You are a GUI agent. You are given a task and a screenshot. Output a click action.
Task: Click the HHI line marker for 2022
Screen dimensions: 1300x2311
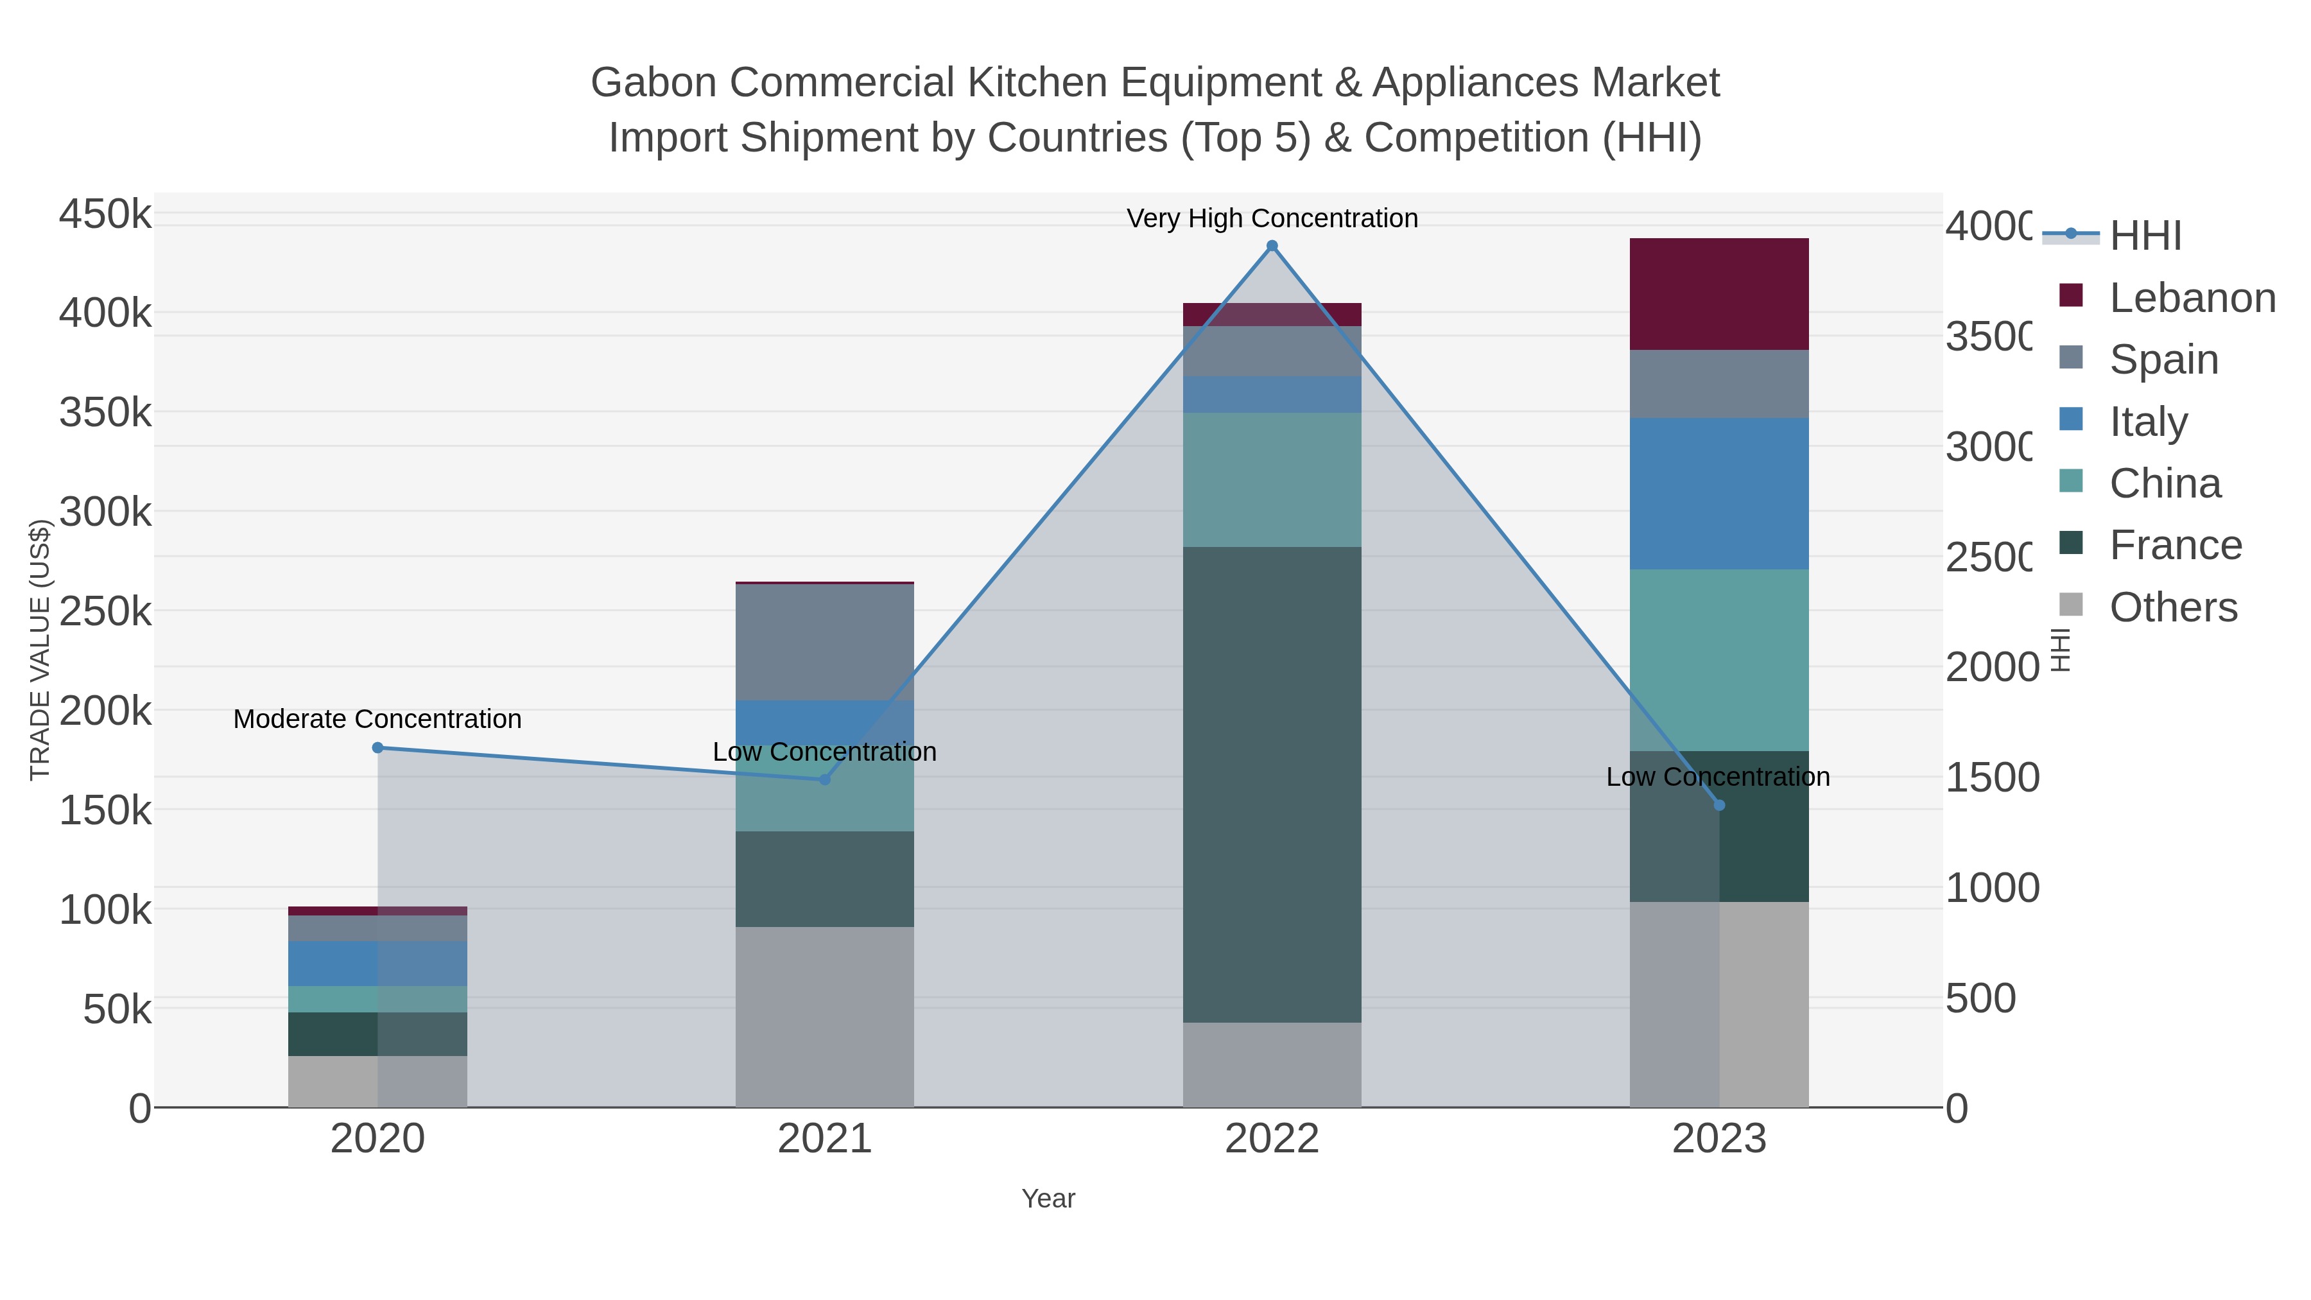(1271, 246)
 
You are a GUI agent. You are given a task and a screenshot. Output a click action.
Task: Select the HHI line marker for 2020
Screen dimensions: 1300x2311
(377, 747)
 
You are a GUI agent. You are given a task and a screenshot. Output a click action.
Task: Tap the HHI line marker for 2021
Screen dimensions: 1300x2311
(824, 779)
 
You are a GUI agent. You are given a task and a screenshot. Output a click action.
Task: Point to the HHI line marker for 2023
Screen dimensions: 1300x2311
(1719, 805)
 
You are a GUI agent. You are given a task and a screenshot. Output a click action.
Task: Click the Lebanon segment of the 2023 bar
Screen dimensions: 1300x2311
(1719, 294)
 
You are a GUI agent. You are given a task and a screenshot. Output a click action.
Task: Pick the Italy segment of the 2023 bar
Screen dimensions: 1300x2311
(1719, 494)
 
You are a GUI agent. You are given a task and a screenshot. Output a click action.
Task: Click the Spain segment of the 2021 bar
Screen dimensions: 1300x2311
(824, 641)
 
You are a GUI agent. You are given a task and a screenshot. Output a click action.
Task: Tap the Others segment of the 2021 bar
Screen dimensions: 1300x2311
(824, 1016)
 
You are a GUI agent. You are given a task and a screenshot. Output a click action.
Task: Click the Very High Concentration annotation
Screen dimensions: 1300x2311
(1271, 218)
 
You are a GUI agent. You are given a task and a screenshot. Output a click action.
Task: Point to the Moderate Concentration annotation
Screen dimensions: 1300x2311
(377, 718)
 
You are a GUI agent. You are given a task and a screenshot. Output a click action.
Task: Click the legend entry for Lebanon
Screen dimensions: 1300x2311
(2192, 297)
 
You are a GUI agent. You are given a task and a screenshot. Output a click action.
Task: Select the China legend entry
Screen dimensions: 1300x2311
(2165, 483)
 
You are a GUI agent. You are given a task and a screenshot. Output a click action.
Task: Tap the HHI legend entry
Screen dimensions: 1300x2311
(2145, 235)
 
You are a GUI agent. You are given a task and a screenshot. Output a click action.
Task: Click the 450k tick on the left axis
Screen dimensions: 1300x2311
(105, 214)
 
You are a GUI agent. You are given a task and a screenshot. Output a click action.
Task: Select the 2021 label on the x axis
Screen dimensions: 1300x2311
(824, 1138)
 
